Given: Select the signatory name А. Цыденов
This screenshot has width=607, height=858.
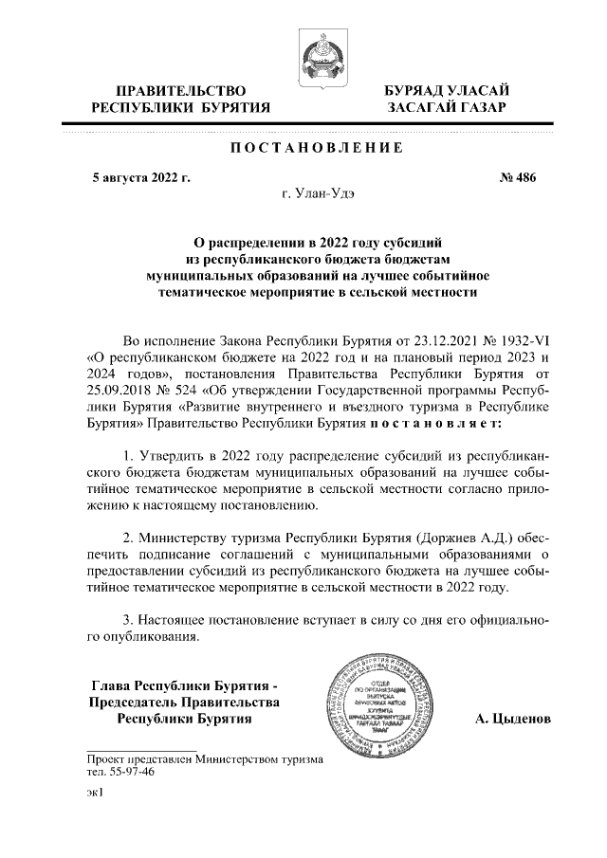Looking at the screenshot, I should coord(512,719).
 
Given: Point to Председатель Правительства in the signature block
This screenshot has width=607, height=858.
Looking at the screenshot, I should coord(184,702).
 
